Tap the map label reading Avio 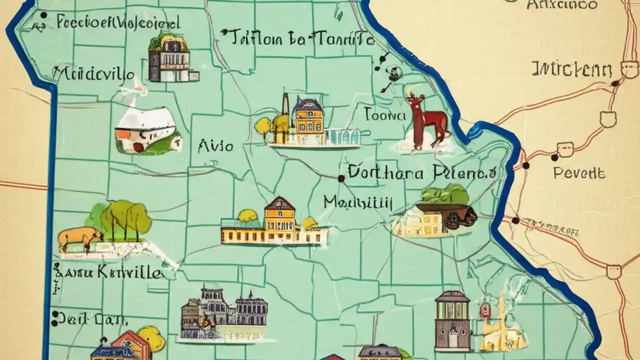pos(215,146)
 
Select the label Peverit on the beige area pos(579,173)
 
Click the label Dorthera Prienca pos(421,173)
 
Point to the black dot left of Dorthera pos(341,178)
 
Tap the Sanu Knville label pos(109,273)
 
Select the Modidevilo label pos(94,75)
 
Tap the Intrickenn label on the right pos(571,69)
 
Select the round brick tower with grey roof pos(452,320)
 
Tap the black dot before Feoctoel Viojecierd pos(43,15)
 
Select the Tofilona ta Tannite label pos(299,38)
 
